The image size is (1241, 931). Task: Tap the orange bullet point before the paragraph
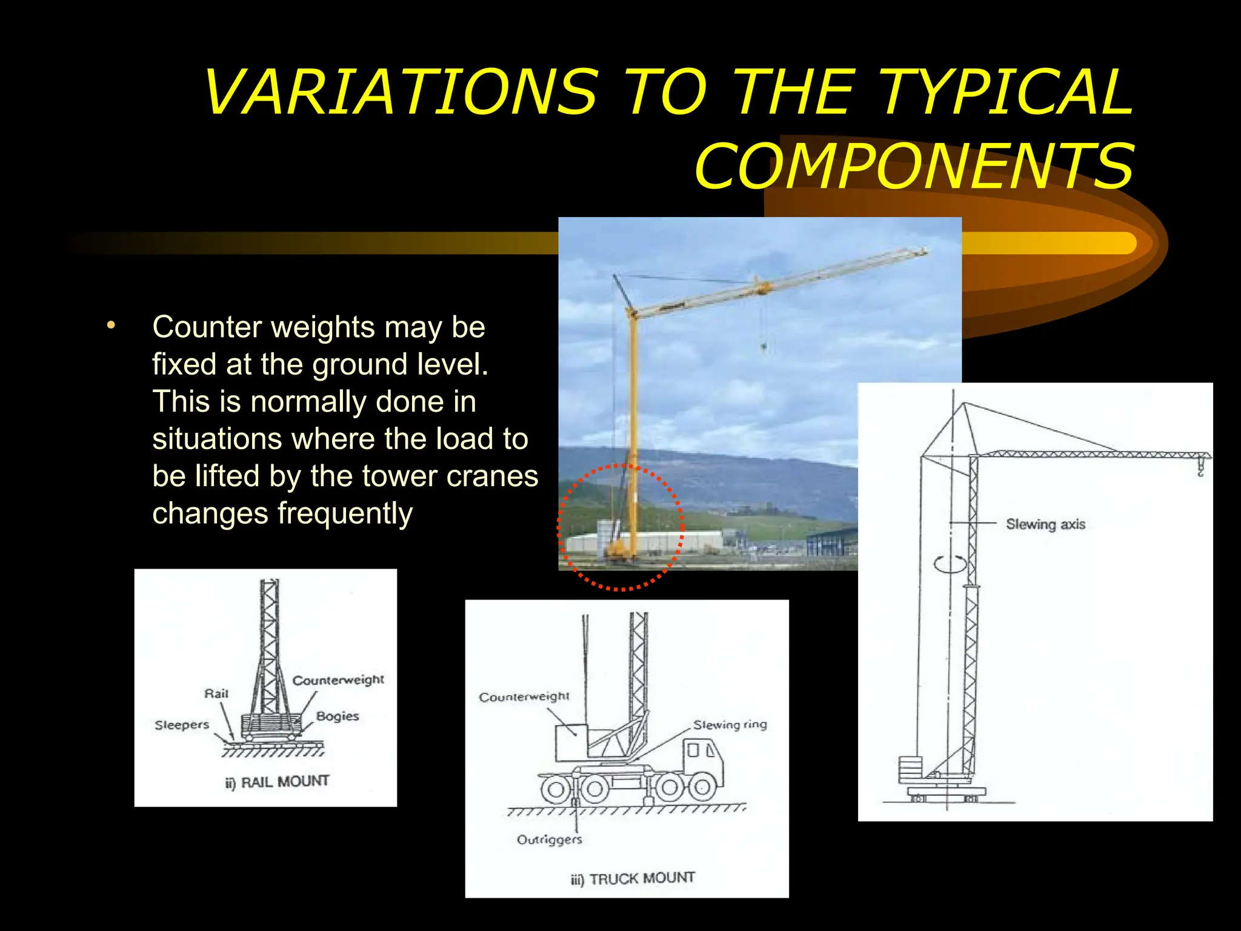[x=110, y=325]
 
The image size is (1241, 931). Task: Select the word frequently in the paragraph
[x=345, y=513]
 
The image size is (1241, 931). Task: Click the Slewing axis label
[x=1045, y=524]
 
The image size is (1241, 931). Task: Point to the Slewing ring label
[x=730, y=725]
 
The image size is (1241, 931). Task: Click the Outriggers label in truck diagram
[x=549, y=839]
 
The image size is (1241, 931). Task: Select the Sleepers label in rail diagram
[x=182, y=725]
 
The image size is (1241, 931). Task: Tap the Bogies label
[x=338, y=716]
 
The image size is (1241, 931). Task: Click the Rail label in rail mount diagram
[x=216, y=693]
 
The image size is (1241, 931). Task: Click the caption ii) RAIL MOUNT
[x=278, y=782]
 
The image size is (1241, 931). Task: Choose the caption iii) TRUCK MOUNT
[x=633, y=879]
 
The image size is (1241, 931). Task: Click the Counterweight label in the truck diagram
[x=524, y=697]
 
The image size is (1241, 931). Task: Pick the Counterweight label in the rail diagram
[x=338, y=680]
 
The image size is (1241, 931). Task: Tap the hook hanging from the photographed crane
[x=764, y=347]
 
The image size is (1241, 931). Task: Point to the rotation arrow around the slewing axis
[x=950, y=564]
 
